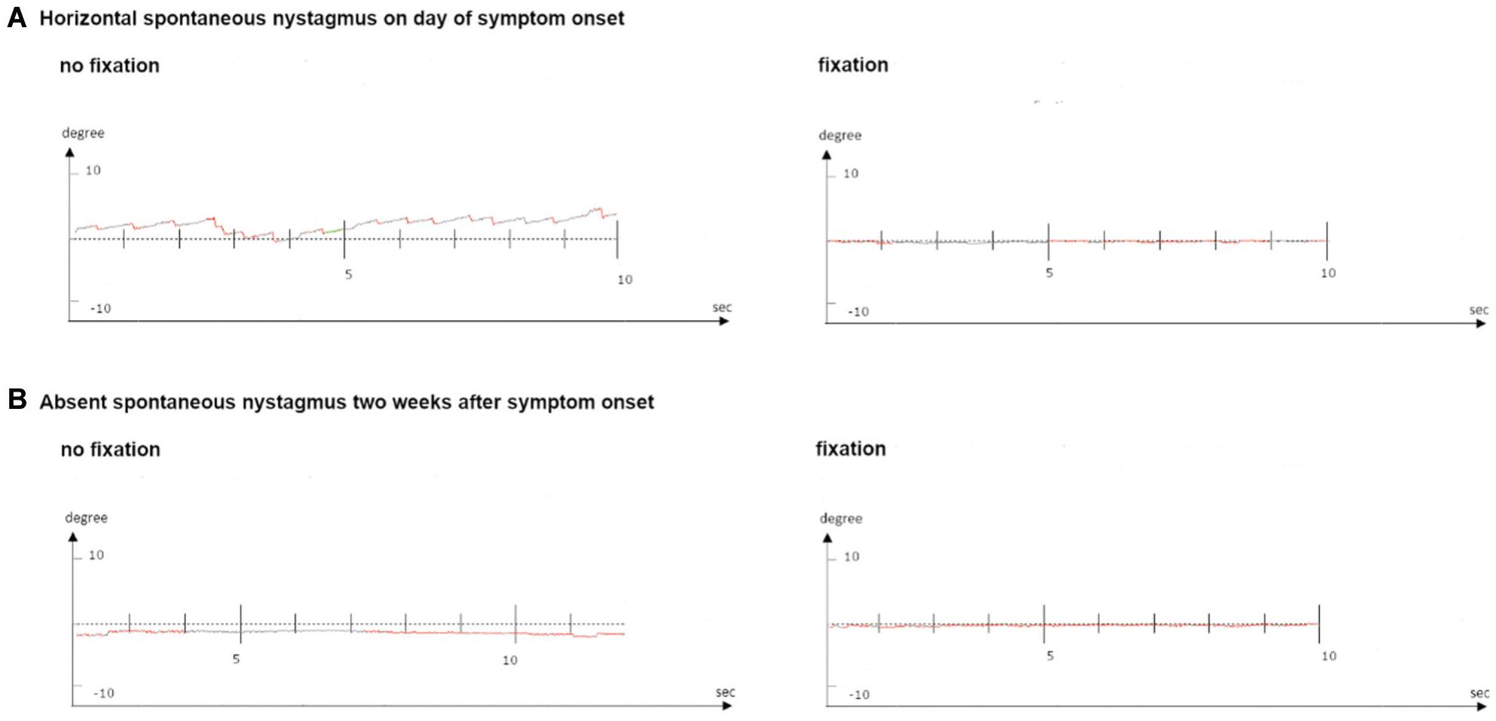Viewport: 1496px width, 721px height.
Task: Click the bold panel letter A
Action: pyautogui.click(x=17, y=17)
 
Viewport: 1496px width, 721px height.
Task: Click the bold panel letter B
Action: pyautogui.click(x=17, y=399)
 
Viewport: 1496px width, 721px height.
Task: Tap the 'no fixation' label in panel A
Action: pyautogui.click(x=110, y=66)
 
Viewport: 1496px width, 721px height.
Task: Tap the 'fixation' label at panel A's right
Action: pyautogui.click(x=853, y=65)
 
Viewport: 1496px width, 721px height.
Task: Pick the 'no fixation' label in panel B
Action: pyautogui.click(x=110, y=450)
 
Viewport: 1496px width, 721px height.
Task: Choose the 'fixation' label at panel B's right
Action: pyautogui.click(x=851, y=449)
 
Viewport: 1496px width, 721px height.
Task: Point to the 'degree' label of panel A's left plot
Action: pyautogui.click(x=83, y=133)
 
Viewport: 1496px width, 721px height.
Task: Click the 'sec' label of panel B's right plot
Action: pyautogui.click(x=1479, y=693)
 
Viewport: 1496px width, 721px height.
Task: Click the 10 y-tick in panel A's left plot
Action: pyautogui.click(x=93, y=171)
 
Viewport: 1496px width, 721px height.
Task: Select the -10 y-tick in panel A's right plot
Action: pyautogui.click(x=858, y=311)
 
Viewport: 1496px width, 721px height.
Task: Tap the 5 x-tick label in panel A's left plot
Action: pyautogui.click(x=349, y=274)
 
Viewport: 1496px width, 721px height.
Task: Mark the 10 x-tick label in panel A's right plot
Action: pyautogui.click(x=1328, y=273)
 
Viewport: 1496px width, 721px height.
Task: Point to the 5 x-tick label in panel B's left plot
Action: pyautogui.click(x=237, y=659)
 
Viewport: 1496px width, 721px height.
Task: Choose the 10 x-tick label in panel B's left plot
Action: pyautogui.click(x=511, y=661)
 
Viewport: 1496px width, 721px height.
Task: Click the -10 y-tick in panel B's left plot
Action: pyautogui.click(x=104, y=693)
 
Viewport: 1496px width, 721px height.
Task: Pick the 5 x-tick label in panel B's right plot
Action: pyautogui.click(x=1050, y=656)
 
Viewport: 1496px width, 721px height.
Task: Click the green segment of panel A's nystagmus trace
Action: pyautogui.click(x=334, y=231)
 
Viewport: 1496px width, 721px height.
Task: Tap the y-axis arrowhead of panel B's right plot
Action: pyautogui.click(x=827, y=538)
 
